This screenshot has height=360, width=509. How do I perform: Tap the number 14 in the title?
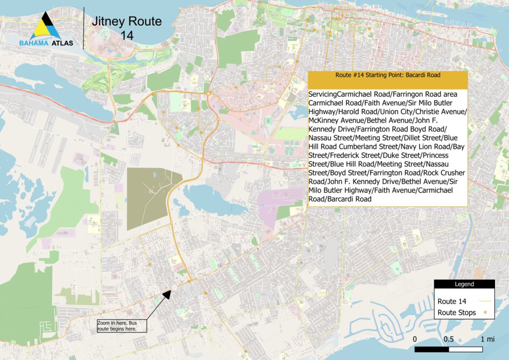127,36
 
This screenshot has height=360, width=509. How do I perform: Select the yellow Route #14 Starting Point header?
387,76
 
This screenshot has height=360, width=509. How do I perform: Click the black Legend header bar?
464,284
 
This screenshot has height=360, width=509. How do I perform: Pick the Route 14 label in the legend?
451,301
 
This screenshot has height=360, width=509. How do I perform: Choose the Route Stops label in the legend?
456,313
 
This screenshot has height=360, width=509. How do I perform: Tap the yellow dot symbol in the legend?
485,313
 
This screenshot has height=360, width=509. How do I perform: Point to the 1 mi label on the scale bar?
488,339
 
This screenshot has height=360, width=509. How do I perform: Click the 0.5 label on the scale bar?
449,339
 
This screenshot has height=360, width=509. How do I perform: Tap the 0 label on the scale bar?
415,339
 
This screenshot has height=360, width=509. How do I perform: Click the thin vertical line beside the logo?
83,28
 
